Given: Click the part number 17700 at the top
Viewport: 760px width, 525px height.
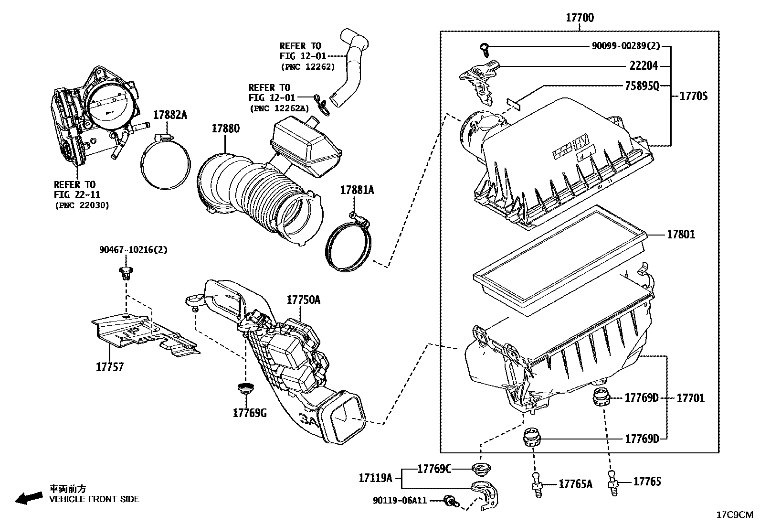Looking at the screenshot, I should pyautogui.click(x=580, y=18).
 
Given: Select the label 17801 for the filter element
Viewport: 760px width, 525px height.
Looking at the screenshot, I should pyautogui.click(x=681, y=235).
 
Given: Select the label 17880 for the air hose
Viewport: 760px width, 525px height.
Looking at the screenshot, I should pyautogui.click(x=225, y=129).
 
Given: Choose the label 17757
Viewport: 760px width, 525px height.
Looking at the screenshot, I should pyautogui.click(x=109, y=367).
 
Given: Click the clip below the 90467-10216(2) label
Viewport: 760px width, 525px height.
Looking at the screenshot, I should pyautogui.click(x=126, y=274).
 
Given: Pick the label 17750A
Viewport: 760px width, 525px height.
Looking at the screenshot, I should pyautogui.click(x=303, y=300).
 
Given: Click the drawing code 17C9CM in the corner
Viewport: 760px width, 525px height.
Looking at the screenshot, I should pyautogui.click(x=734, y=515).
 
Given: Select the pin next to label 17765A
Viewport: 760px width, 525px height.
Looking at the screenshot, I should pyautogui.click(x=538, y=485).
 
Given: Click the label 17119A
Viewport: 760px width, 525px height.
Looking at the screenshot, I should pyautogui.click(x=375, y=477).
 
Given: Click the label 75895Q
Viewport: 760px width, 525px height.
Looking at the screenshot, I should pyautogui.click(x=642, y=86).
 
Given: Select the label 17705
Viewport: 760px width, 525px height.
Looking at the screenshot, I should pyautogui.click(x=693, y=96).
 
